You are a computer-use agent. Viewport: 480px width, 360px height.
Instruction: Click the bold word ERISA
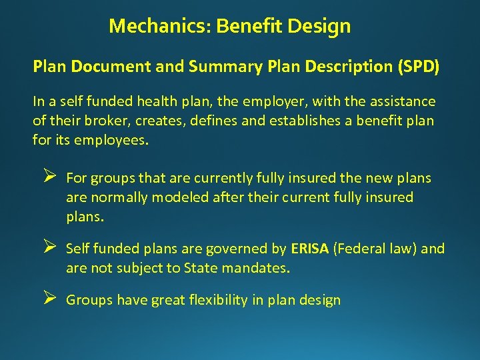coord(309,249)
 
